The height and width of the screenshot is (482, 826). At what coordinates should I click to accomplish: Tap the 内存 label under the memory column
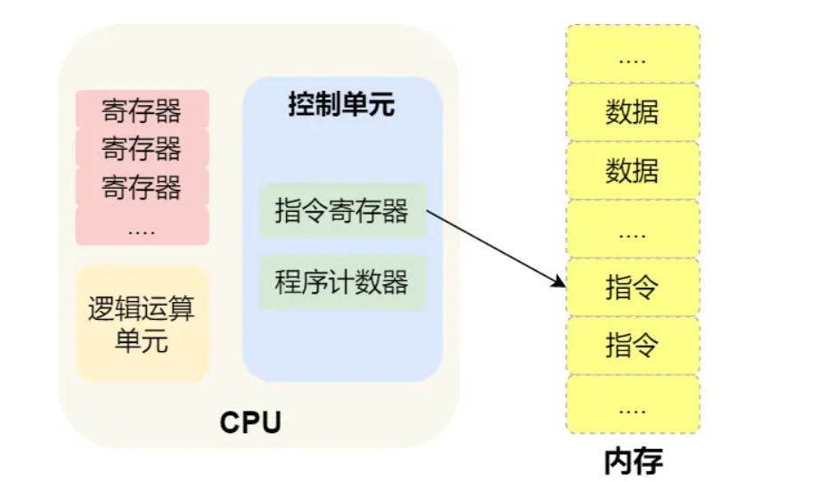click(633, 462)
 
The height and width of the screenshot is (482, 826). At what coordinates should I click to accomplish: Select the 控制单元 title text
click(341, 105)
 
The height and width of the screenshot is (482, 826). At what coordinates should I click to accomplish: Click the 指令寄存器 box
click(342, 211)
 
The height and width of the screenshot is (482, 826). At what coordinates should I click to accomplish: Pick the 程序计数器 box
click(342, 282)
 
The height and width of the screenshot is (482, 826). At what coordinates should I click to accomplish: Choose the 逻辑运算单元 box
click(142, 324)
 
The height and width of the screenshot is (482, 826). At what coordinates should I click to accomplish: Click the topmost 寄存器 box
click(142, 110)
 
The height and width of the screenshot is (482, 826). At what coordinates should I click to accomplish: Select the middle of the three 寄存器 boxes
click(142, 148)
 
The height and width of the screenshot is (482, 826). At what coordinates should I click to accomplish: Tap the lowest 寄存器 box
click(142, 187)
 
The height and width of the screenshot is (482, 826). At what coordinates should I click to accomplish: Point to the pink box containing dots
click(142, 226)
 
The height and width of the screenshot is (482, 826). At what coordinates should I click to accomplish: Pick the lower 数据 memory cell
click(633, 169)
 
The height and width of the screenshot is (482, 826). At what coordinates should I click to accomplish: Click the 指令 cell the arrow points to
click(633, 287)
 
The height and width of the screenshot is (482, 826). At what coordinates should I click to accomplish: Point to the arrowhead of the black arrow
click(560, 284)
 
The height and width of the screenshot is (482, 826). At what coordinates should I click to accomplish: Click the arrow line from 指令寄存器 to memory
click(495, 249)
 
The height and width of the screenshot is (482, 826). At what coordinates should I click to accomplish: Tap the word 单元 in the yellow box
click(142, 340)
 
